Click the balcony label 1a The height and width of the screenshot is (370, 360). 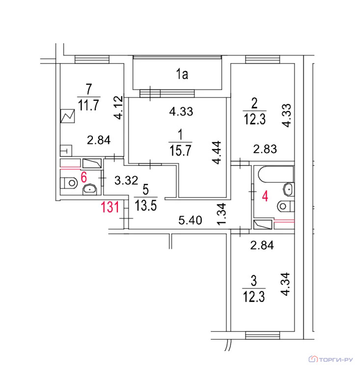(182, 74)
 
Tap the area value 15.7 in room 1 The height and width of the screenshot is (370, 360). (180, 151)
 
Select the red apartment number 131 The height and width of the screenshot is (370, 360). (110, 207)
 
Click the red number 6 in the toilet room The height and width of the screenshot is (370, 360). (84, 177)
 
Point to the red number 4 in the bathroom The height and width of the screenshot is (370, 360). (265, 196)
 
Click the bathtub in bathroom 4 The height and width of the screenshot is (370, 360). (276, 174)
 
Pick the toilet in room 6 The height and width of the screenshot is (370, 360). (69, 183)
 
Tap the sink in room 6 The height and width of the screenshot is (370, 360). (89, 189)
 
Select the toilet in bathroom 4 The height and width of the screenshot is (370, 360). (285, 207)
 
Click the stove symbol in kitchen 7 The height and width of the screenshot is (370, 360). (68, 116)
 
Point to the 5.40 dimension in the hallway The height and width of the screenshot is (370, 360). (190, 220)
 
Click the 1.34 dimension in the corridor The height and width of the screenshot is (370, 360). (222, 214)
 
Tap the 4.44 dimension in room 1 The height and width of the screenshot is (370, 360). (217, 153)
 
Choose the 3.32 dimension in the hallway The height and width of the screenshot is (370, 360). (126, 181)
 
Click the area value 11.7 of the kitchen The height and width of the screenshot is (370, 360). (88, 105)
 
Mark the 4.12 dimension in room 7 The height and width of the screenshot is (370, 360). (118, 107)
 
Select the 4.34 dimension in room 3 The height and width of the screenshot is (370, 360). (285, 284)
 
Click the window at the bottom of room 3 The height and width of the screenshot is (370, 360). (262, 335)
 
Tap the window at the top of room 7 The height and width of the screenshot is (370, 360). (92, 59)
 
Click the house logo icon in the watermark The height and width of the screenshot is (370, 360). (313, 359)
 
